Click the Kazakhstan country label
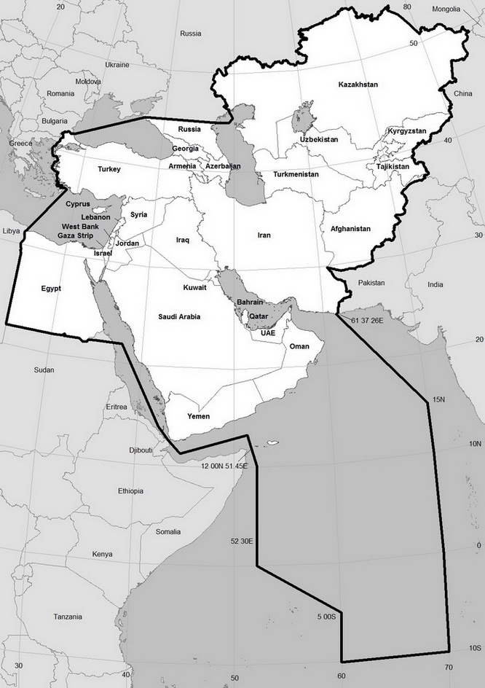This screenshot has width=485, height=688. point(358,85)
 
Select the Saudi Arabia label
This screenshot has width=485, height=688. point(179,316)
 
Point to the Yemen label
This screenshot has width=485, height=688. point(198,416)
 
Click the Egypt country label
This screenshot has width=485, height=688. point(51,289)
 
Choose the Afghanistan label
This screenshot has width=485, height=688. point(350,229)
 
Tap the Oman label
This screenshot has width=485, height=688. point(299,347)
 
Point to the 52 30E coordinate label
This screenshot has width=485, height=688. point(241,541)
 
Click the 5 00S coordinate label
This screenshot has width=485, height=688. point(326,617)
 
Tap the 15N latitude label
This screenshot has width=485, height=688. point(437,399)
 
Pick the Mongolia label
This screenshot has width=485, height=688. point(446,9)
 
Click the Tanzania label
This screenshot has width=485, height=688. point(67,617)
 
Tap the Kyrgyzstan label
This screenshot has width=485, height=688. point(407,130)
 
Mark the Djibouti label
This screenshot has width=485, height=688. point(141,450)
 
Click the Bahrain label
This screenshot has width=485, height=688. point(250,302)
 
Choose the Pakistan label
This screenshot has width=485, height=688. point(371,282)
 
